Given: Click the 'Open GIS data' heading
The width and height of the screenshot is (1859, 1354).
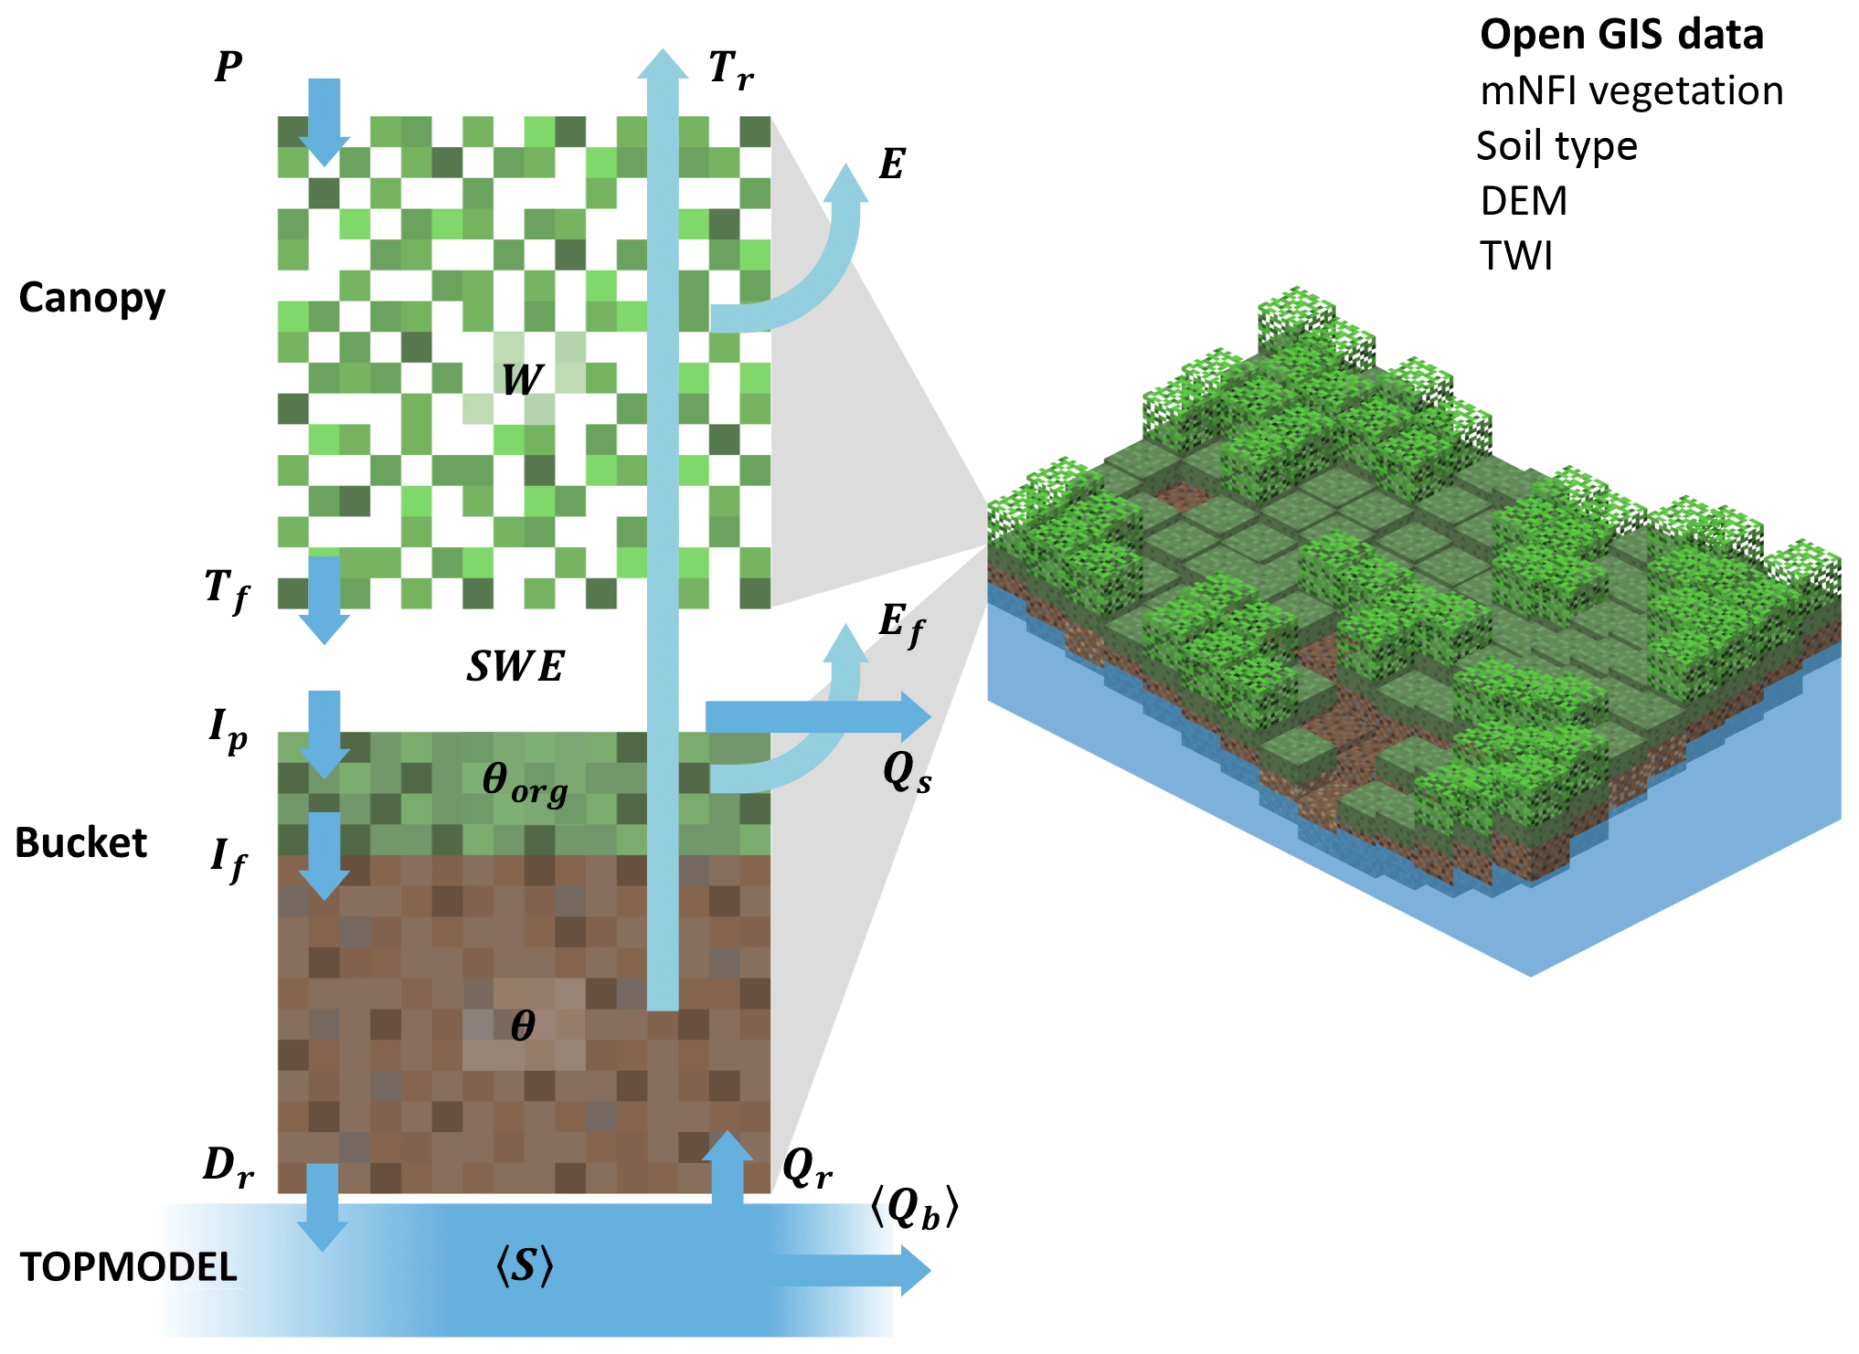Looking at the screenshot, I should coord(1620,36).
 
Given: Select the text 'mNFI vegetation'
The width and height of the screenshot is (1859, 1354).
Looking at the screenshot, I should coord(1631,91).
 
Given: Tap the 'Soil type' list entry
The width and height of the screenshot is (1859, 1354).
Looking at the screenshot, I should coord(1556,146).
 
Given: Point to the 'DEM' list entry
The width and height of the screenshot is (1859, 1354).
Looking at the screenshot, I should coord(1524,201).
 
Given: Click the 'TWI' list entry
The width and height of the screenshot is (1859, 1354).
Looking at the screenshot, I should coord(1516,256).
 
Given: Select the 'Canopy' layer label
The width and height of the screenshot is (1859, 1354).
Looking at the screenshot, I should coord(92,299).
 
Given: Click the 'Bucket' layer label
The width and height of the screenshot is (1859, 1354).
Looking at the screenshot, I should coord(81,842).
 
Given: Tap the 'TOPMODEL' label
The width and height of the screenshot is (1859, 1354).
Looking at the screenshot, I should coord(129,1267).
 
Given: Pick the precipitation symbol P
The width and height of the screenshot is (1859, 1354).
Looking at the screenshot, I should coord(228,67).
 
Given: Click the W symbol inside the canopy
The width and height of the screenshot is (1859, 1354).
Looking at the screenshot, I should coord(522,379).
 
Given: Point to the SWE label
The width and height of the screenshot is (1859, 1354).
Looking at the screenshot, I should coord(515,667).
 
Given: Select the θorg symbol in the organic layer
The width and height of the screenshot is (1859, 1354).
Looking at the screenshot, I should coord(524,783).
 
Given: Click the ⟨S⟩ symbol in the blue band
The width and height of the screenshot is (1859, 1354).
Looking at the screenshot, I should coord(525,1266).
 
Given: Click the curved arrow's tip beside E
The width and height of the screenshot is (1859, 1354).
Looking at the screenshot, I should coord(845,183).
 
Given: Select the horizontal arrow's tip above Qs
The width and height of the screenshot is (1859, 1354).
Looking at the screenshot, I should coord(914,717).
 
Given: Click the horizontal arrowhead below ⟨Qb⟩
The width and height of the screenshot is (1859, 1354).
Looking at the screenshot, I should coord(914,1271).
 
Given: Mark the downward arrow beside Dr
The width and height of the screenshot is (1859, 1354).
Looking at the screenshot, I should coord(323,1206).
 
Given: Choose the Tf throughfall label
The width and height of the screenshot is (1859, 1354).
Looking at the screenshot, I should coord(227,589).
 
